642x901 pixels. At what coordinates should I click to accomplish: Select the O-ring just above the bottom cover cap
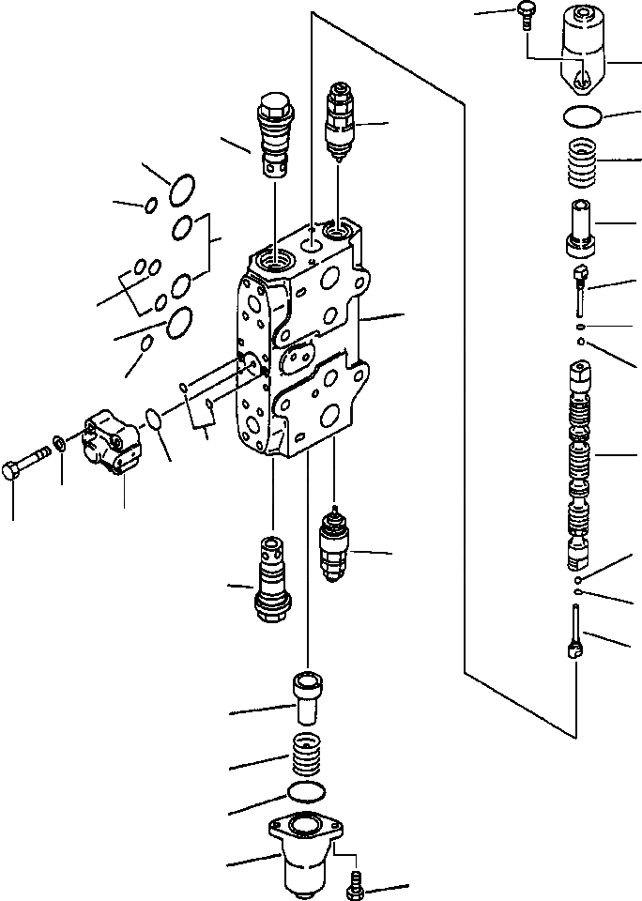[307, 791]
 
